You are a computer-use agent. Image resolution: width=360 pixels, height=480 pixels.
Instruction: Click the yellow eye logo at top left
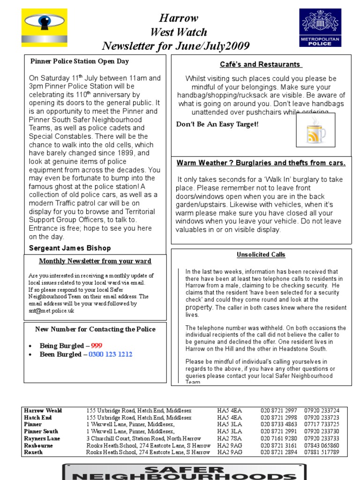[45, 29]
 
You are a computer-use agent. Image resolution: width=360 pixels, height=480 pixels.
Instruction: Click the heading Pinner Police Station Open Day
[79, 61]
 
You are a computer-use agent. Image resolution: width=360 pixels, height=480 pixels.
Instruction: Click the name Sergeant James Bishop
[70, 247]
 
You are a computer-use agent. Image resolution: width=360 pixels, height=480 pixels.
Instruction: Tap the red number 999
[97, 346]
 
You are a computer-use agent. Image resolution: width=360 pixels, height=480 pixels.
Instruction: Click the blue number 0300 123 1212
[111, 354]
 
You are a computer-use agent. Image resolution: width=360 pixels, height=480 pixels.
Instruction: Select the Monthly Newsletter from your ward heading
[95, 261]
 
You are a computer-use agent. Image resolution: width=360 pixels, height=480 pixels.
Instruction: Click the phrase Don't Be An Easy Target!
[217, 124]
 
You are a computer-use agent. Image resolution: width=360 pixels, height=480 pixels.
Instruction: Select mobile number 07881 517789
[321, 452]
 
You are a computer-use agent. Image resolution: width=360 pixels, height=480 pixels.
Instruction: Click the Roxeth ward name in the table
[33, 452]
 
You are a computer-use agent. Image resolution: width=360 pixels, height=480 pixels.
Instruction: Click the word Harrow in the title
[179, 18]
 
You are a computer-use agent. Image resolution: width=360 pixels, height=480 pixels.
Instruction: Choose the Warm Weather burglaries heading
[261, 163]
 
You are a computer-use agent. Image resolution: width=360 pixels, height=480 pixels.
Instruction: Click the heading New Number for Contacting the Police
[95, 329]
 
